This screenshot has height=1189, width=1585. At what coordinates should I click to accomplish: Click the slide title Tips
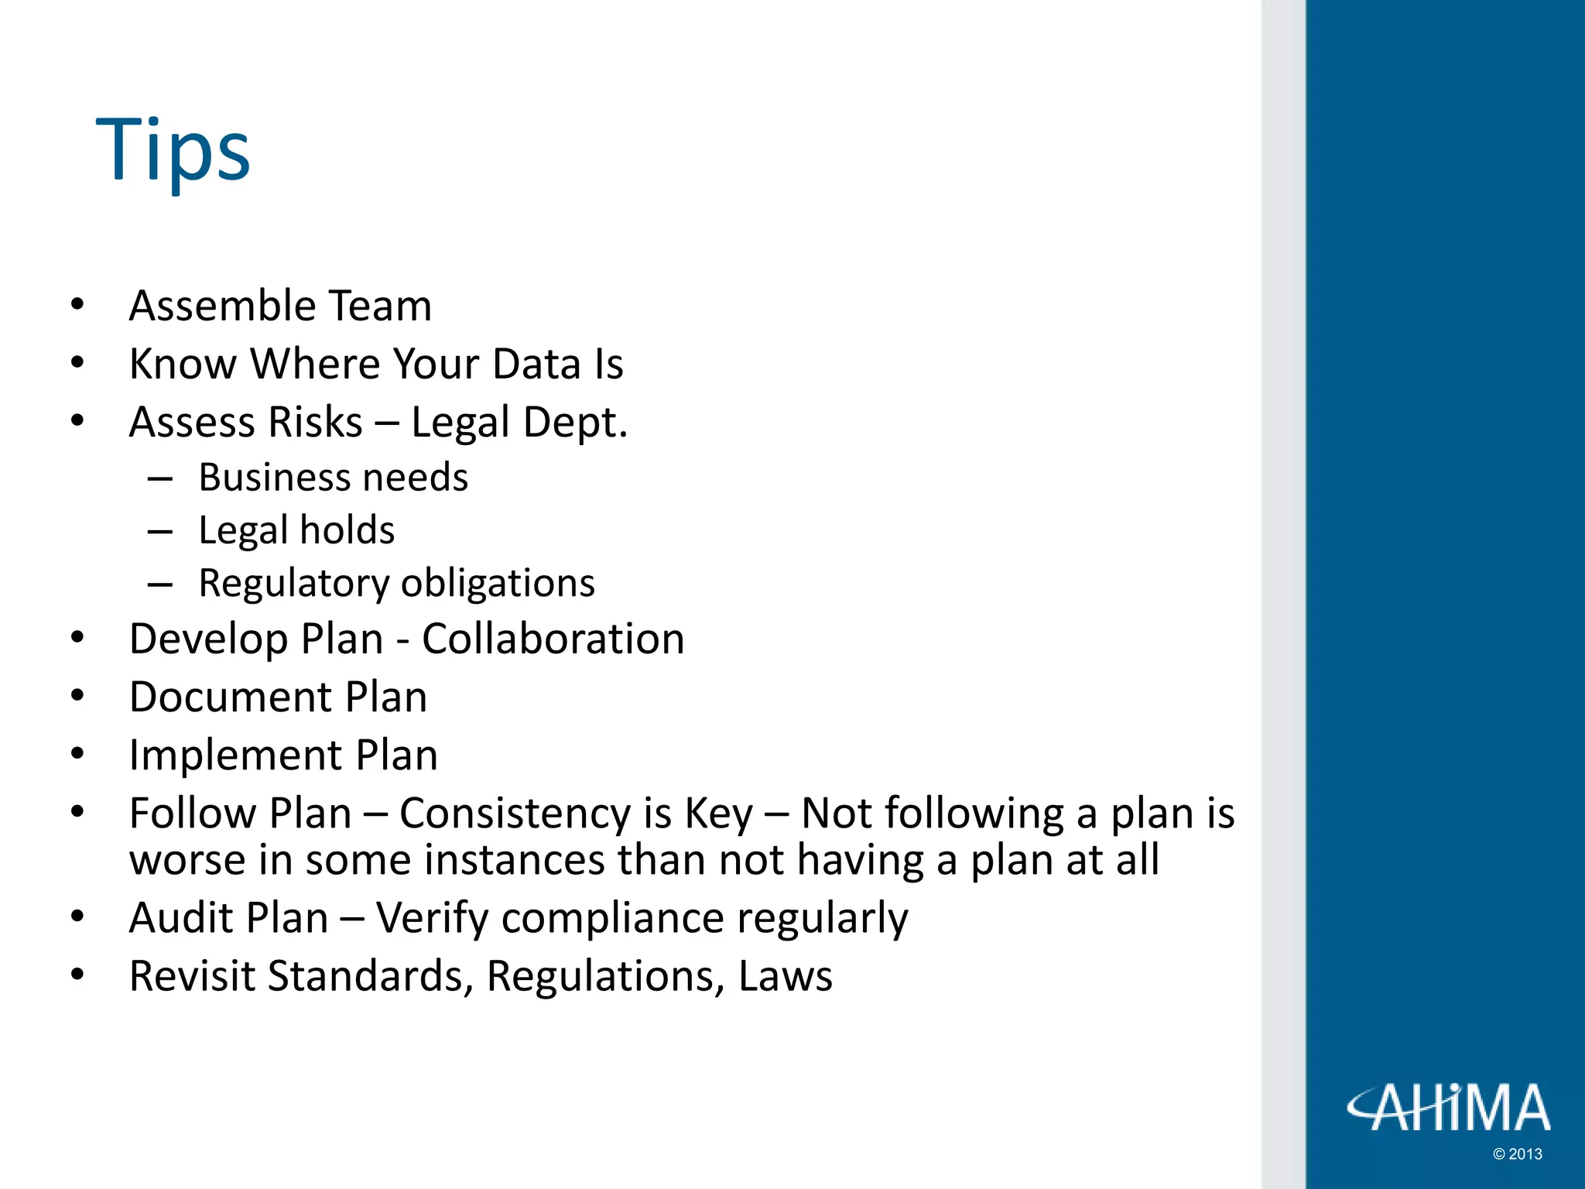tap(173, 150)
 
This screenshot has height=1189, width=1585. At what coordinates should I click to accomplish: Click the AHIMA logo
tap(1448, 1108)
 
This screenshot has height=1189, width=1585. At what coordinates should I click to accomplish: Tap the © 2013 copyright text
tap(1517, 1154)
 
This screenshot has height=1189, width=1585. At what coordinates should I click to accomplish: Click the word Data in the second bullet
tap(536, 364)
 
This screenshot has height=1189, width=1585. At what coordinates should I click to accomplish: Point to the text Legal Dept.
tap(519, 423)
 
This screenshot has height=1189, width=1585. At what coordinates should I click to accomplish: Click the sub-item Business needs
tap(333, 478)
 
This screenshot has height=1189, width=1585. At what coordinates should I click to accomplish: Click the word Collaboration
tap(553, 639)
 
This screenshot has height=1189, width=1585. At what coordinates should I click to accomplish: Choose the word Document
tap(230, 697)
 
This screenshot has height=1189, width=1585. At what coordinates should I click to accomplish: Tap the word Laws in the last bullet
tap(785, 976)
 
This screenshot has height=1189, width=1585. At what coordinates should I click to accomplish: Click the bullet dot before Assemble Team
tap(77, 305)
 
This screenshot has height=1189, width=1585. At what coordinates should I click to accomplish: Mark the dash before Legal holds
tap(159, 532)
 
